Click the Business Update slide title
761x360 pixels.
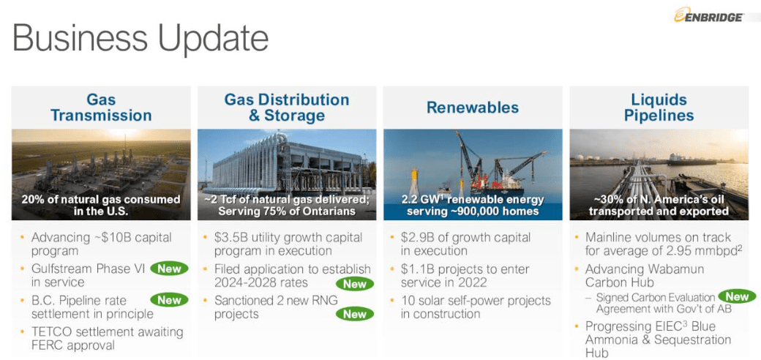(140, 38)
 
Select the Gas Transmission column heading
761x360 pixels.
(101, 108)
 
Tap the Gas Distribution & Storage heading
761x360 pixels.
(286, 108)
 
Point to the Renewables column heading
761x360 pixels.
(473, 108)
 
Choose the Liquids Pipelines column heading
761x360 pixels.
(659, 108)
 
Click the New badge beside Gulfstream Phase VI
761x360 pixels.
(169, 269)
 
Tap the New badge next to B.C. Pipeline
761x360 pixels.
(169, 300)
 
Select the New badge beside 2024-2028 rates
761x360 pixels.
(355, 284)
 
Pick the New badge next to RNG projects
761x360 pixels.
(355, 314)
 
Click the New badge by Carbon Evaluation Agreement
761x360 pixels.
(737, 296)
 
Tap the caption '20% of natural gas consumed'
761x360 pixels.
(100, 200)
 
